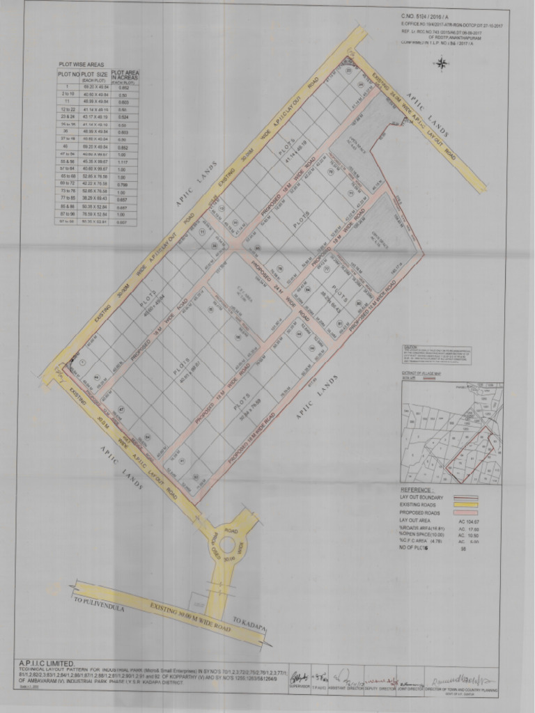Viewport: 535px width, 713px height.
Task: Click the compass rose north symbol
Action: click(x=441, y=64)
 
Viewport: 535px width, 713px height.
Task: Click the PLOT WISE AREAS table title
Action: click(x=81, y=64)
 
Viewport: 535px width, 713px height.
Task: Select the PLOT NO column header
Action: click(x=68, y=73)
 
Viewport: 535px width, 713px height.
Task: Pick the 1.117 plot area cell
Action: click(x=124, y=161)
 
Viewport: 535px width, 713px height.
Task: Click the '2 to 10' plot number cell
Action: click(x=68, y=94)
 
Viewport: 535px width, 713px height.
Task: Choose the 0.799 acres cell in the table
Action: click(x=124, y=185)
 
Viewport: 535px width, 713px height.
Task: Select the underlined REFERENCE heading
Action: click(x=417, y=490)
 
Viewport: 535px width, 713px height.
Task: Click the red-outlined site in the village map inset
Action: click(x=474, y=456)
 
